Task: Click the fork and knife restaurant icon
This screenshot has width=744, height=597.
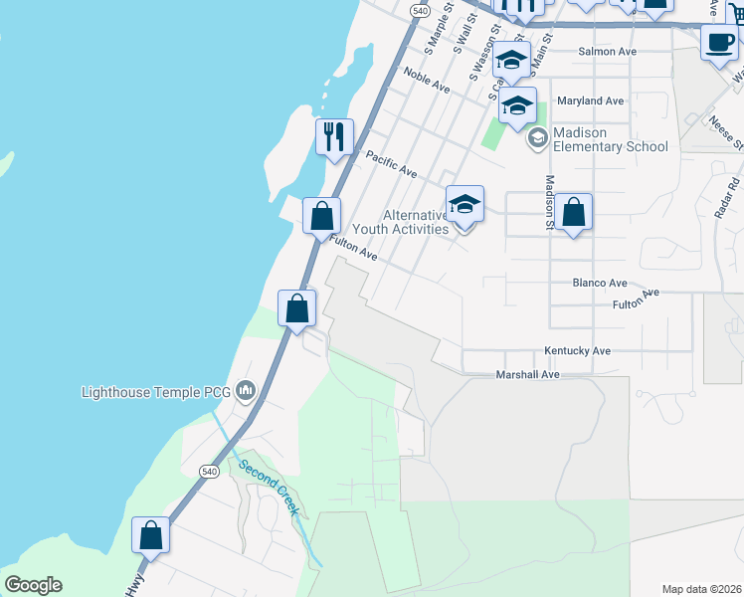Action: [x=334, y=136]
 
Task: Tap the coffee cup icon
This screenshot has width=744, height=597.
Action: [x=719, y=43]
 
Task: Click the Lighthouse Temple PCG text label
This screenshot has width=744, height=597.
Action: [x=157, y=392]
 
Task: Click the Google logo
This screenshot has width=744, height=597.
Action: [x=33, y=585]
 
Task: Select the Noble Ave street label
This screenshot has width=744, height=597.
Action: [x=427, y=82]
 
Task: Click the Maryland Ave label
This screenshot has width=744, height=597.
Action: [x=591, y=100]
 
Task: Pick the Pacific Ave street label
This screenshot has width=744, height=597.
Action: [x=391, y=164]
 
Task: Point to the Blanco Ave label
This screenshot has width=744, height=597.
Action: [x=600, y=283]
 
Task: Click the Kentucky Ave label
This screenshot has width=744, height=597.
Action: [x=577, y=351]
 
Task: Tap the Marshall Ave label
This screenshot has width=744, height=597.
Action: [x=528, y=375]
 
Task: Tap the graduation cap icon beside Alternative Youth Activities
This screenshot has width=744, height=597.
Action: [x=465, y=206]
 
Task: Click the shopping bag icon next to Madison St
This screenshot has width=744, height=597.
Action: [x=574, y=213]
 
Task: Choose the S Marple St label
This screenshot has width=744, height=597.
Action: [x=439, y=28]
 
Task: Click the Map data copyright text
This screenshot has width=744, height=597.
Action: [x=702, y=588]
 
